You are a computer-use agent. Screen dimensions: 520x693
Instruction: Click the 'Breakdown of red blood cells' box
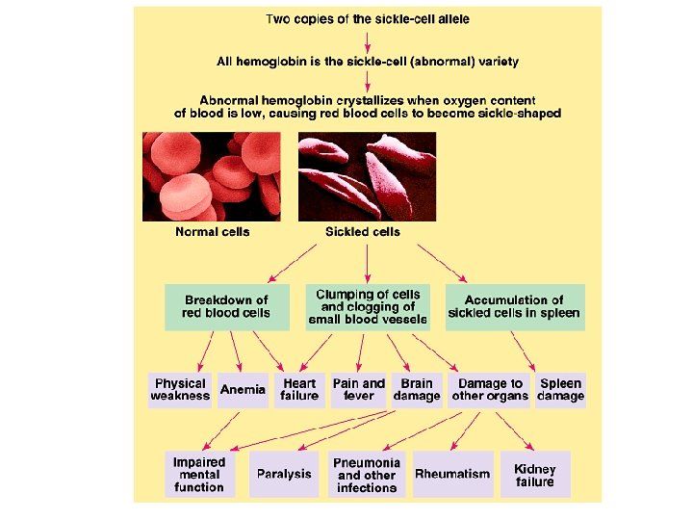(226, 306)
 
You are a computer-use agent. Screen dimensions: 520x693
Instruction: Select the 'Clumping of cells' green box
(368, 306)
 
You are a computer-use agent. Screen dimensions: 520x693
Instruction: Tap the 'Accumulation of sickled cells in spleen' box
(514, 306)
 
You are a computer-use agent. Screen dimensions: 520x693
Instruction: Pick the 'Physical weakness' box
(180, 389)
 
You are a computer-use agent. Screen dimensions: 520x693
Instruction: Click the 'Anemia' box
(243, 389)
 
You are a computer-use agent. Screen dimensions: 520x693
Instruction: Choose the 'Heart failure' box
(299, 389)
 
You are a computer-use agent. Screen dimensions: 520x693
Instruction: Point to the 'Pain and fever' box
(358, 389)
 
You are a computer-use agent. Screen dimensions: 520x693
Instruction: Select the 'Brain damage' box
(417, 389)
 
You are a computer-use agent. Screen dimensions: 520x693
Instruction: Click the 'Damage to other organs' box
(490, 389)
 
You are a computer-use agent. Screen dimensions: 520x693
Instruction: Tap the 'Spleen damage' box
(560, 389)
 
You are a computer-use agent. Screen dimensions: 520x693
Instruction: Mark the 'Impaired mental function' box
(199, 474)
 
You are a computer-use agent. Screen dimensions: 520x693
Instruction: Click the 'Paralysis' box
(284, 474)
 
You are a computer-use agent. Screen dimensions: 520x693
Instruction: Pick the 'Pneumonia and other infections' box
(367, 475)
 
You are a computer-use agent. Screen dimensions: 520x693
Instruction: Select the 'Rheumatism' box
(452, 474)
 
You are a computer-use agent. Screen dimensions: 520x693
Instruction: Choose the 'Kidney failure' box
(535, 474)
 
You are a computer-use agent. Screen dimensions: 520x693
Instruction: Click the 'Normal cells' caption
(212, 231)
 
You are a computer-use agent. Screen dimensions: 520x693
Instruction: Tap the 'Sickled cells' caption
(363, 231)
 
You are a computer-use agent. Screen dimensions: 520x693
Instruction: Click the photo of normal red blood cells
(212, 176)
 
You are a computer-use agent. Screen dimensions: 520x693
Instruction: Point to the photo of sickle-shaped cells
(367, 176)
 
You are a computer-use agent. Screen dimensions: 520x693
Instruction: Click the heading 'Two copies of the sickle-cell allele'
(368, 18)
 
